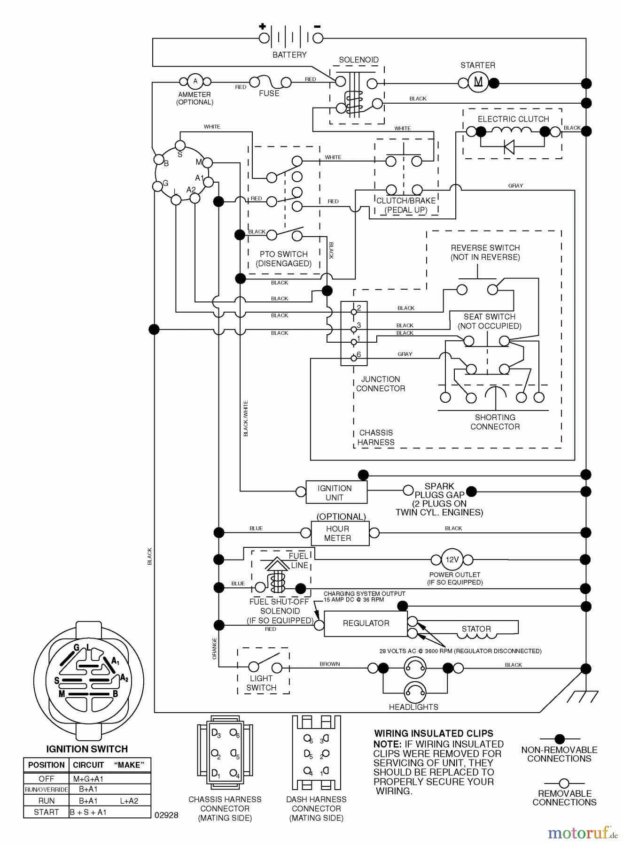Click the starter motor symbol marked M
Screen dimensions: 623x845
click(478, 83)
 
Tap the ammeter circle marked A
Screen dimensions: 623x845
click(195, 81)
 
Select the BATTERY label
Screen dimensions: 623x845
click(289, 55)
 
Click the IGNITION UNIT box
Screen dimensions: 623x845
click(336, 492)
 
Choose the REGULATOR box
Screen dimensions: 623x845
click(366, 623)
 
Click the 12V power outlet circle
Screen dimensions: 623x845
click(452, 560)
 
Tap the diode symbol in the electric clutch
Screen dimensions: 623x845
click(509, 147)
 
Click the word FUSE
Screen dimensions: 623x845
click(269, 93)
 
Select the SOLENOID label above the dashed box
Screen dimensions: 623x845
click(358, 60)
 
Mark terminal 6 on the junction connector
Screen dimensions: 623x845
click(354, 359)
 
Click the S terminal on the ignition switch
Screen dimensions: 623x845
click(180, 145)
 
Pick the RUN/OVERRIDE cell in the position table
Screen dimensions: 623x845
click(46, 790)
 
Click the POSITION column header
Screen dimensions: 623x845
click(46, 765)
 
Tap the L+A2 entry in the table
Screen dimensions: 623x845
click(129, 801)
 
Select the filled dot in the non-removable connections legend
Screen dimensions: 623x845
click(560, 739)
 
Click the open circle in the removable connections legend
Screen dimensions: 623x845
click(564, 784)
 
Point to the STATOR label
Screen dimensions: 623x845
click(476, 629)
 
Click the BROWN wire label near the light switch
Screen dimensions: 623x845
click(330, 664)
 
